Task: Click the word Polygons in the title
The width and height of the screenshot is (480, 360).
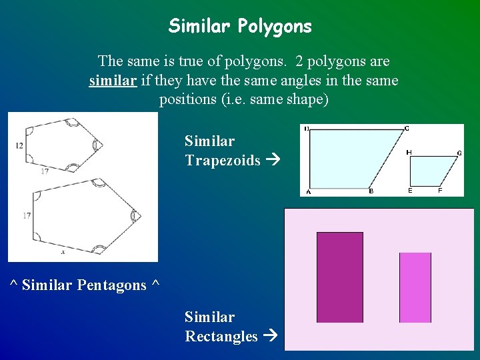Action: coord(276,27)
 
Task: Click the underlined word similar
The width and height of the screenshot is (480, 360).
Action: coord(110,81)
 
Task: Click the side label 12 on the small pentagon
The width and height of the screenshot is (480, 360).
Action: coord(19,145)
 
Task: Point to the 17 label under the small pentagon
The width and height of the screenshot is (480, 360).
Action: coord(44,172)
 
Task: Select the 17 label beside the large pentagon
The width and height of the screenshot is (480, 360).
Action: coord(27,216)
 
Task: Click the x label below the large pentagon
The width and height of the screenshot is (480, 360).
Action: coord(63,253)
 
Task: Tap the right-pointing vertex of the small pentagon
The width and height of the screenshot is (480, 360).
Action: coord(101,145)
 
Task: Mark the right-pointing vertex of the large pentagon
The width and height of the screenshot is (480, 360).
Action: coord(141,215)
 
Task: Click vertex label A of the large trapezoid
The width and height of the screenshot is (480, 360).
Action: coord(308,192)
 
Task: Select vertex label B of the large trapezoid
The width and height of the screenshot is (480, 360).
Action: coord(371,192)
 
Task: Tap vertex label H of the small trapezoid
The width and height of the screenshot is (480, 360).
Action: coord(409,153)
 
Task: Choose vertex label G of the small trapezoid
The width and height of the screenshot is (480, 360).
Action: coord(459,153)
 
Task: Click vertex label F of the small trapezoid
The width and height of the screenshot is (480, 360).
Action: coord(440,191)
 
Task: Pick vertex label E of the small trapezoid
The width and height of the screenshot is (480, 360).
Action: coord(409,191)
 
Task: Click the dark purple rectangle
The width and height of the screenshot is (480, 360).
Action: coord(340,277)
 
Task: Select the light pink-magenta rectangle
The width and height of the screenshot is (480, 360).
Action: coord(415,287)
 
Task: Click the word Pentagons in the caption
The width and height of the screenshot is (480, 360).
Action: coord(111,285)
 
